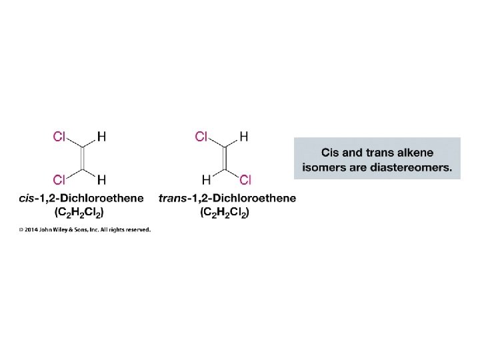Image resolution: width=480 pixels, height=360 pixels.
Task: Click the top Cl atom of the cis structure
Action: pyautogui.click(x=59, y=137)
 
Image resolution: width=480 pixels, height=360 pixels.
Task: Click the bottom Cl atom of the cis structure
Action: pyautogui.click(x=59, y=179)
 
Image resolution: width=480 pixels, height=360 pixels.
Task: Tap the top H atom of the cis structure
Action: pyautogui.click(x=101, y=137)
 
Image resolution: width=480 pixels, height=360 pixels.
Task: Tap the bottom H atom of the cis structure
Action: pyautogui.click(x=101, y=179)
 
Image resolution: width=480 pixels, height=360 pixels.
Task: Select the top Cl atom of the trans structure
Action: pyautogui.click(x=202, y=137)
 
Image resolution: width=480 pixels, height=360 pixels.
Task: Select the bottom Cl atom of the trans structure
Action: pyautogui.click(x=245, y=179)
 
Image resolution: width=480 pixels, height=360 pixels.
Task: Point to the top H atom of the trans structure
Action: pyautogui.click(x=244, y=137)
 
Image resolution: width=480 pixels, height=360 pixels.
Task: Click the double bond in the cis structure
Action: pyautogui.click(x=81, y=158)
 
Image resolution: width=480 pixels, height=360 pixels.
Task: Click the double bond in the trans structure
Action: pyautogui.click(x=224, y=158)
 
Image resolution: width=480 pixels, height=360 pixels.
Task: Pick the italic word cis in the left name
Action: pyautogui.click(x=28, y=199)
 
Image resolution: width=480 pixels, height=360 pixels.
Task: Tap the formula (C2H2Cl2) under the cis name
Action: pyautogui.click(x=79, y=213)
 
